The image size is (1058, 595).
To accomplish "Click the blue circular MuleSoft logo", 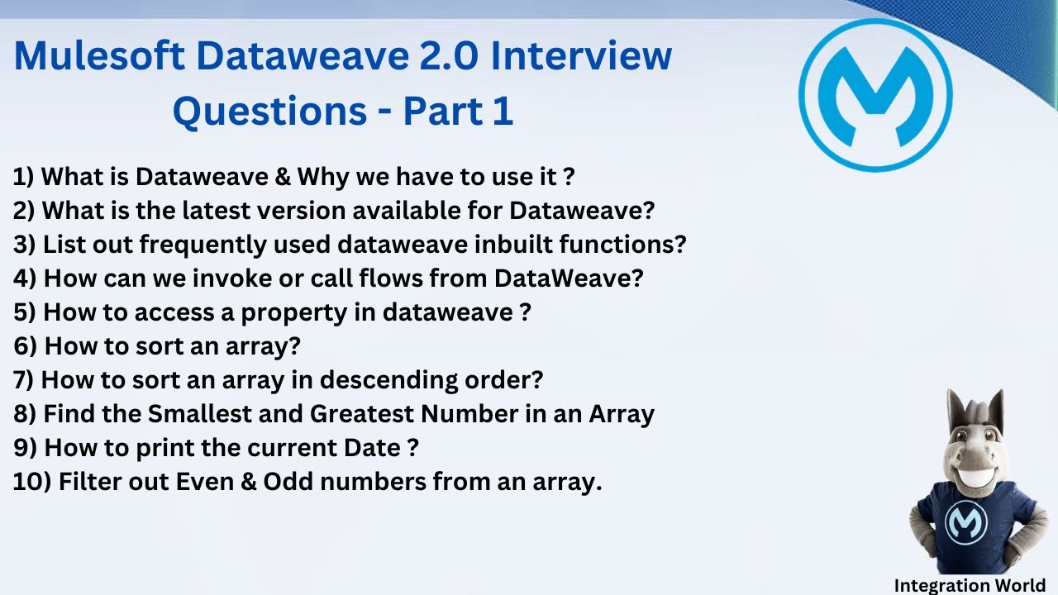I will (x=875, y=95).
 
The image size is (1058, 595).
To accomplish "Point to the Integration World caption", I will (x=969, y=585).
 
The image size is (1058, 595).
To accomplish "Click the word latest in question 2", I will (x=216, y=210).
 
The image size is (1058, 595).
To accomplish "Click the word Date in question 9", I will (x=371, y=447).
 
